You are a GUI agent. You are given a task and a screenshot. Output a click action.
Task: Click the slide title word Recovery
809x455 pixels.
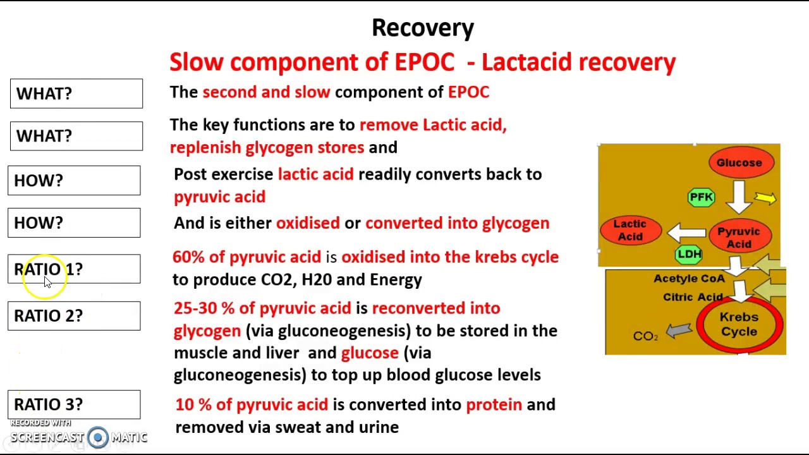coord(422,28)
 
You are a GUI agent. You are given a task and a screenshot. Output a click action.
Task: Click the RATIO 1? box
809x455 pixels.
coord(74,269)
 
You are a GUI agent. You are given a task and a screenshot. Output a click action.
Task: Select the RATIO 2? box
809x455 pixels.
coord(74,316)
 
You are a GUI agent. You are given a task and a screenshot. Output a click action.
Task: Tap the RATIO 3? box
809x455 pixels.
coord(74,404)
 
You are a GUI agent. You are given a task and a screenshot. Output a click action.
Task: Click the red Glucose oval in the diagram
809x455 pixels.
coord(739,163)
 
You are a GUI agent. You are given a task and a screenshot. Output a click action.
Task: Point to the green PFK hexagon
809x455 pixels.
coord(701,197)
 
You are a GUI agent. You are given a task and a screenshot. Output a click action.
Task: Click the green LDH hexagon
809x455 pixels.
coord(688,254)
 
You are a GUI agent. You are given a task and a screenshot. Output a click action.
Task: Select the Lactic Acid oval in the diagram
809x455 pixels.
coord(630,230)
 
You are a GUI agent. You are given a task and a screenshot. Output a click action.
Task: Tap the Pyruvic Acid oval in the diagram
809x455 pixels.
coord(738,238)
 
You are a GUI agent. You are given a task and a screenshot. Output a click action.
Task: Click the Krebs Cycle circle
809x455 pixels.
coord(739,325)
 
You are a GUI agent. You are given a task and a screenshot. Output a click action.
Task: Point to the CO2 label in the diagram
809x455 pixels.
coord(645,336)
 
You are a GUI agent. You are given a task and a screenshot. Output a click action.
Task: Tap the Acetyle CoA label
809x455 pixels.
coord(689,278)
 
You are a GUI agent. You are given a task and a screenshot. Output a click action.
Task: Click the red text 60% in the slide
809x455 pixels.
coord(188,257)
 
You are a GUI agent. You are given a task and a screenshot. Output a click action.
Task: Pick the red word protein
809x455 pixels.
coord(494,405)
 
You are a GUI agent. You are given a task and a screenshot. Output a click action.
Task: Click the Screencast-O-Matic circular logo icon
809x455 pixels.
coord(98,437)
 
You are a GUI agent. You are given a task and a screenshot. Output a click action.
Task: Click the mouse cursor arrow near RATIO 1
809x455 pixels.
coord(48,282)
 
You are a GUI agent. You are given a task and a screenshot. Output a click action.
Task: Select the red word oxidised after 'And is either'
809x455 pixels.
coord(308,223)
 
